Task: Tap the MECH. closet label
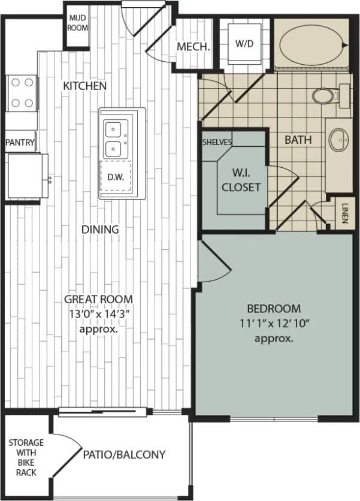pyautogui.click(x=193, y=47)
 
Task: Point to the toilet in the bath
pyautogui.click(x=326, y=95)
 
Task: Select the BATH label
pyautogui.click(x=298, y=140)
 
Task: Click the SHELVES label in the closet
pyautogui.click(x=216, y=141)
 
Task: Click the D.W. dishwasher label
pyautogui.click(x=114, y=177)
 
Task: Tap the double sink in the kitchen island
pyautogui.click(x=114, y=138)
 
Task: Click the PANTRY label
pyautogui.click(x=20, y=143)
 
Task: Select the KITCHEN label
pyautogui.click(x=85, y=86)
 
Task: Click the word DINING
pyautogui.click(x=101, y=229)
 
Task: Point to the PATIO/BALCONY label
pyautogui.click(x=125, y=454)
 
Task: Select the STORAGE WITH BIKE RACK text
pyautogui.click(x=26, y=457)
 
